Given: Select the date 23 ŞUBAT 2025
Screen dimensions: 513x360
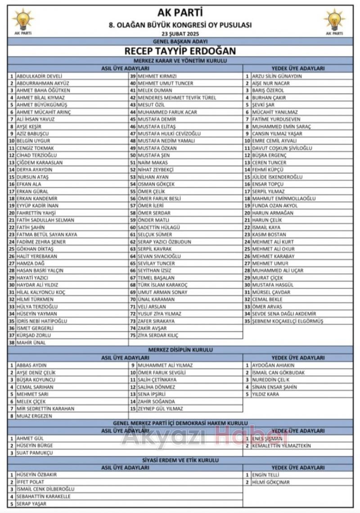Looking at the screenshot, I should click(180, 34).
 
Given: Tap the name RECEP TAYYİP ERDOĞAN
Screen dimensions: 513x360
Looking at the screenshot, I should click(180, 51).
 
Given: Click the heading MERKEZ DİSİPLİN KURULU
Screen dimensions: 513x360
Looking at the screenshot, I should click(180, 350).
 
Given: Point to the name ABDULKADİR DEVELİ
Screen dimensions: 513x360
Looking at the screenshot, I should click(39, 76).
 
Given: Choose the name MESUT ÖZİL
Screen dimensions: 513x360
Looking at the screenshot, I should click(152, 105).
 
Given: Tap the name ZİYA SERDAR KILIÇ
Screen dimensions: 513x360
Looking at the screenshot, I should click(158, 336).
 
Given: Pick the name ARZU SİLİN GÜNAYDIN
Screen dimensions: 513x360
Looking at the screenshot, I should click(277, 76).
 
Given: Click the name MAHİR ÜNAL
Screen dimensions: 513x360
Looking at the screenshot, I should click(31, 343).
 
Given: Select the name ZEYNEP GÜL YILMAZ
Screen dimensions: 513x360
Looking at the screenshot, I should click(160, 409).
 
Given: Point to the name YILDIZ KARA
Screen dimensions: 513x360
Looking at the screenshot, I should click(265, 394).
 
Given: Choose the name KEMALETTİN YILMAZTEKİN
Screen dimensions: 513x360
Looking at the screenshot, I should click(281, 445).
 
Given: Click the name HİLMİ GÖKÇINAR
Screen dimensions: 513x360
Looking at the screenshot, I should click(271, 482).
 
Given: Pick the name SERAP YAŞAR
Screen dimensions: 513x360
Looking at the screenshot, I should click(31, 504).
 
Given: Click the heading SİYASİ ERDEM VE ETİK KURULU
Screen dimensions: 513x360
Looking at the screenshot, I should click(180, 460).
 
